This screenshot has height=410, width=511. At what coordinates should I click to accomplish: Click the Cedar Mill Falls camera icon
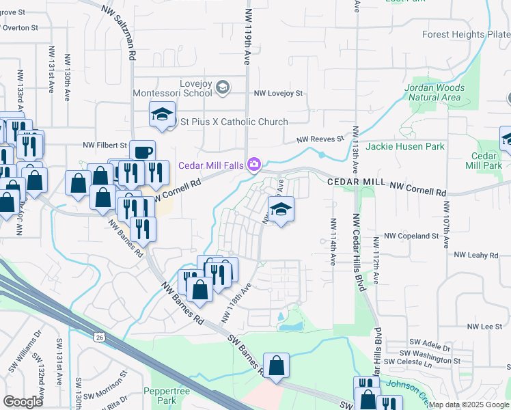[x=254, y=164]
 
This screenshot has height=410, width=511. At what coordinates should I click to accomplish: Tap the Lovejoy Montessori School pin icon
[x=223, y=87]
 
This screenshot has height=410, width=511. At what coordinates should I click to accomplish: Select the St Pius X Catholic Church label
[x=234, y=122]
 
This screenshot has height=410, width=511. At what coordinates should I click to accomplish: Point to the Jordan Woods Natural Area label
[x=434, y=92]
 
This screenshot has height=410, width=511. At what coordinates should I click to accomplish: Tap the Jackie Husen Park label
[x=405, y=146]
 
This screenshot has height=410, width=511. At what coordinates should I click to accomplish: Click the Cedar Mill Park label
[x=484, y=161]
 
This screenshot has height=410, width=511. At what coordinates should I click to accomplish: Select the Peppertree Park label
[x=161, y=395]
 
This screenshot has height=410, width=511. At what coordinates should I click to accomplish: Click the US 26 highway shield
[x=99, y=336]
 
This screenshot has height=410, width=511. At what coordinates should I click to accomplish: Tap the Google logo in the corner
[x=23, y=402]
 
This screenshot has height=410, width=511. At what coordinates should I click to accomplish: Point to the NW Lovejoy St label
[x=278, y=93]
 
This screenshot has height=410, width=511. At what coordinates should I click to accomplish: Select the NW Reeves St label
[x=320, y=139]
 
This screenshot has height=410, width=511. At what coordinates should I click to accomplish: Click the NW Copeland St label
[x=411, y=236]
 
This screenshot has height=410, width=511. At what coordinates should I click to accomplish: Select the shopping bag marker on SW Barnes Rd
[x=276, y=366]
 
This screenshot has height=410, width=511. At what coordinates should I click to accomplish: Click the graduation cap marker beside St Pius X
[x=163, y=114]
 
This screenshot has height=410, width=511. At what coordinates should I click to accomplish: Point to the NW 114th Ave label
[x=333, y=241]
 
